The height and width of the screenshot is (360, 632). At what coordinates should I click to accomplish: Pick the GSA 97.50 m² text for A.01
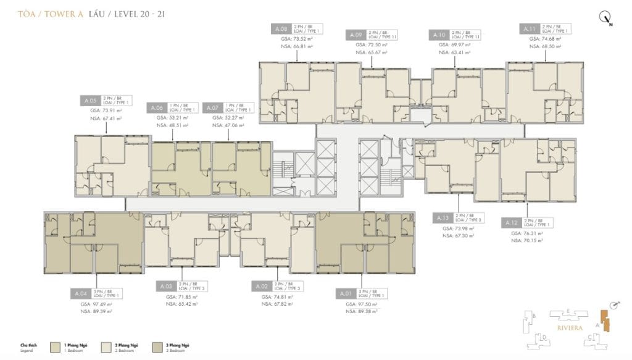360,304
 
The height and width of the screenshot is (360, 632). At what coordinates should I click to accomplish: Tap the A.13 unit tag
443,218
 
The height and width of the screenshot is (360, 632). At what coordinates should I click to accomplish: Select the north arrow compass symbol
605,18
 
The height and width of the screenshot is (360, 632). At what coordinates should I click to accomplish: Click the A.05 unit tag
90,100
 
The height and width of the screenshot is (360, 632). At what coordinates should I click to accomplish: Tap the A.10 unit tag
439,34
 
